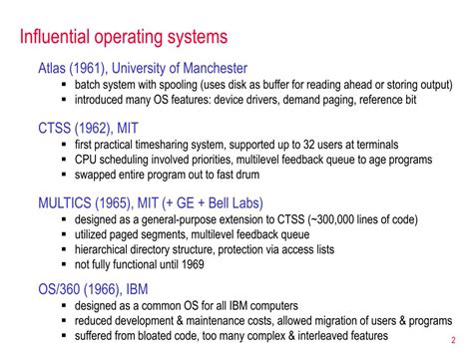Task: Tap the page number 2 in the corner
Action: click(466, 339)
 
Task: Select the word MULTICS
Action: click(71, 202)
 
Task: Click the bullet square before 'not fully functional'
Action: click(65, 264)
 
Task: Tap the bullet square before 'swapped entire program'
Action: click(65, 175)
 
